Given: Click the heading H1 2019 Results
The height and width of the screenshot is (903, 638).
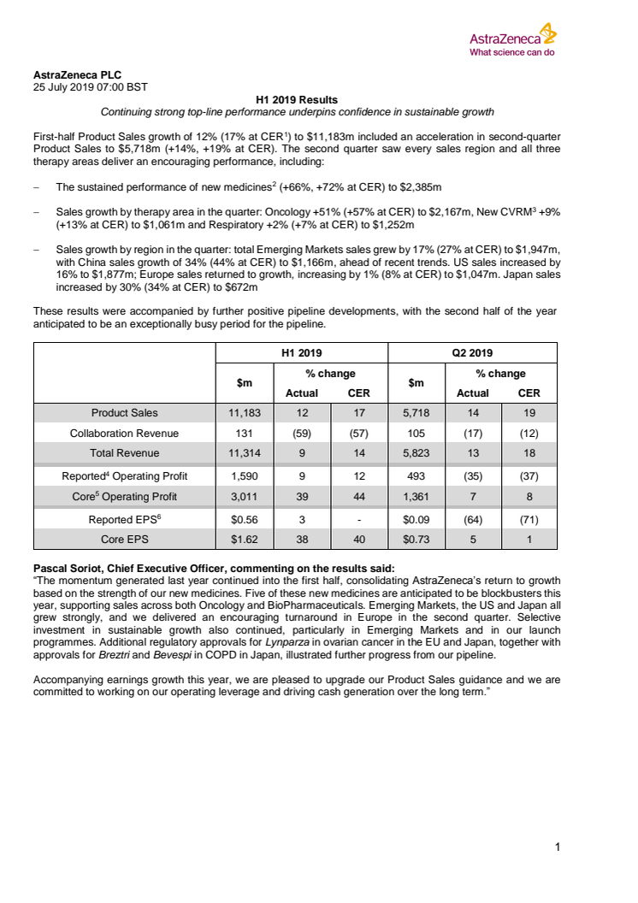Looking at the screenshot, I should click(x=297, y=100).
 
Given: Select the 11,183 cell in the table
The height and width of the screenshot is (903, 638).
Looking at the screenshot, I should click(x=244, y=413).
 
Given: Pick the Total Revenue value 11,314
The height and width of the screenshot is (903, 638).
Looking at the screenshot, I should click(x=244, y=453).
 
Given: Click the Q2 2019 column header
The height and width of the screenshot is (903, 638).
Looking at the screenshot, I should click(x=472, y=352).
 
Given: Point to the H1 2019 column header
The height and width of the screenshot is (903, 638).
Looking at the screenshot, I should click(x=301, y=352).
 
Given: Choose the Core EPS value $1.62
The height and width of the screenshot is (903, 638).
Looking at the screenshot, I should click(x=244, y=539).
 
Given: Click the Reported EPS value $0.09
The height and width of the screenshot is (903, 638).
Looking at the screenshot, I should click(x=416, y=518).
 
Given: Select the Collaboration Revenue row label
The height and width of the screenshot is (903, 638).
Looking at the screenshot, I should click(x=124, y=434).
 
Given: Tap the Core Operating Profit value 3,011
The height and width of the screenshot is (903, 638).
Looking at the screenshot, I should click(x=244, y=497).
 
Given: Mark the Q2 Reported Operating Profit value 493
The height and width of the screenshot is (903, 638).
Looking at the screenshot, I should click(x=416, y=476).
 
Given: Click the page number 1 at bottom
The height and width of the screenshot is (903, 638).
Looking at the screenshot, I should click(x=557, y=847).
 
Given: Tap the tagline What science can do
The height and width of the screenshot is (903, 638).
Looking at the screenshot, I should click(x=512, y=51).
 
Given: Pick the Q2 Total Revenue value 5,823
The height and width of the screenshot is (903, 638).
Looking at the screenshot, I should click(x=416, y=453).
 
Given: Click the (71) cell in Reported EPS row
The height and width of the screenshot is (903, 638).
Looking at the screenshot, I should click(x=529, y=518).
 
